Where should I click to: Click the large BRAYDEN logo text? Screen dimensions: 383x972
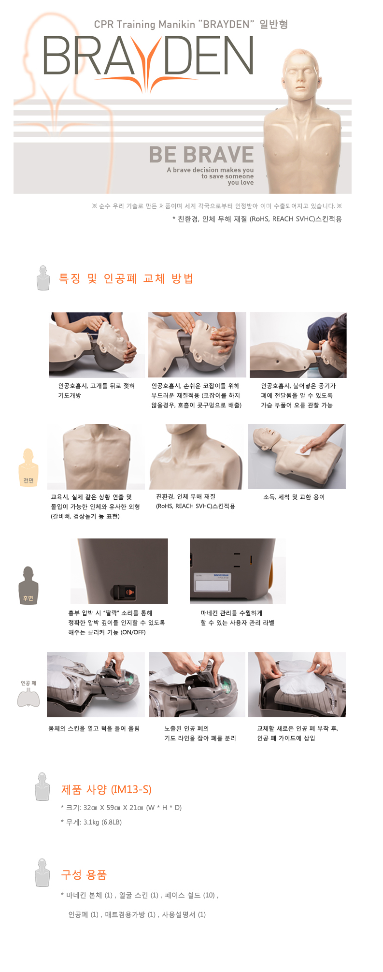coord(148,57)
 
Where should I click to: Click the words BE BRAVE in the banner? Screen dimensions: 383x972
coord(201,155)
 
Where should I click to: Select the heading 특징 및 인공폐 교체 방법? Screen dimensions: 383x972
coord(126,278)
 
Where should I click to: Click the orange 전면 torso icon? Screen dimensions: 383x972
coord(28,467)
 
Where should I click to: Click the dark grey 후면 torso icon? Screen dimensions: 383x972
coord(28,585)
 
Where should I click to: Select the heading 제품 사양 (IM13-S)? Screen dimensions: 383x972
coord(106,789)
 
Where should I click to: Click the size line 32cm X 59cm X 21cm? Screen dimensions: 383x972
coord(121,808)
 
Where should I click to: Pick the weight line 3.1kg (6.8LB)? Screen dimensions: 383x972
coord(91,822)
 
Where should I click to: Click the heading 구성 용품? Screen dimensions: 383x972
coord(84,874)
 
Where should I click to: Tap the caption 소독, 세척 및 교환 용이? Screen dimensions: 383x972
coord(294,497)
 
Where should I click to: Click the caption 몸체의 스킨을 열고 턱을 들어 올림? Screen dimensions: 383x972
coord(94,728)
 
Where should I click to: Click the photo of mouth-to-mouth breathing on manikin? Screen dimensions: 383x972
coord(298,345)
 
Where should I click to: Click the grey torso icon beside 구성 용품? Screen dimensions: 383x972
coord(43,873)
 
